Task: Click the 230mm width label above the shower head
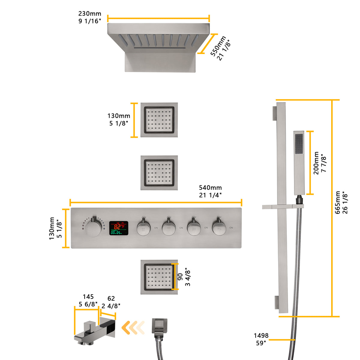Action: (90, 17)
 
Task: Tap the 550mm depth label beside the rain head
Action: (221, 48)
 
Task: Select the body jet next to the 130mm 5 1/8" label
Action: (159, 120)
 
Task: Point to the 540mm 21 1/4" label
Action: (210, 191)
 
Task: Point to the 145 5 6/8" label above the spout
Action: (88, 301)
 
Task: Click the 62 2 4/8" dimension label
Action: (111, 302)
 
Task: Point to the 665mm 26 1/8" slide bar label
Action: (341, 202)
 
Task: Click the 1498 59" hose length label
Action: (261, 339)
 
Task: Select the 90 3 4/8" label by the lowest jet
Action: (184, 277)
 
